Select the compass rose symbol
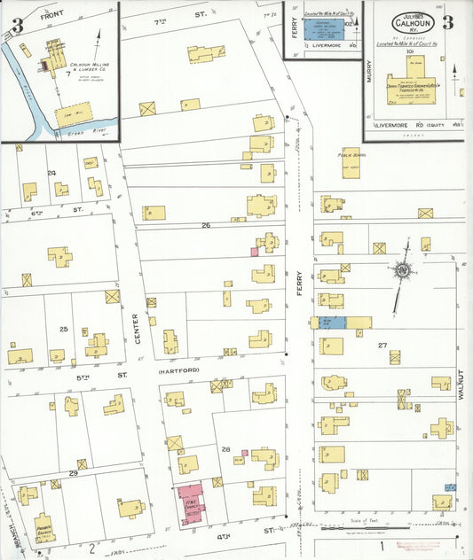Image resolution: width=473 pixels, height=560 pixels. [404, 271]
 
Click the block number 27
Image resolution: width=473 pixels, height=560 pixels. [382, 345]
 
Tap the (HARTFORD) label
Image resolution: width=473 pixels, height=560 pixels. [176, 372]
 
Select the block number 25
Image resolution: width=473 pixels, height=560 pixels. [63, 329]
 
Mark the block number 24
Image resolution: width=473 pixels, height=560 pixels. [51, 172]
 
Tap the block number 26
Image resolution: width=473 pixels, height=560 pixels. [206, 225]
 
